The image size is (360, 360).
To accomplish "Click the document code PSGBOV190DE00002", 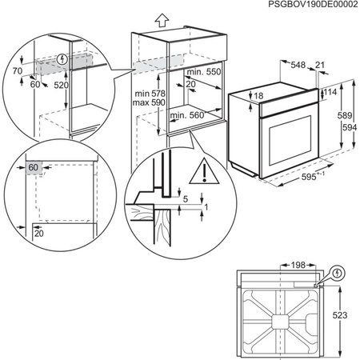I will pos(303,6).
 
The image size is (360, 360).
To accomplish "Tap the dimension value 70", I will pos(17,72).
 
